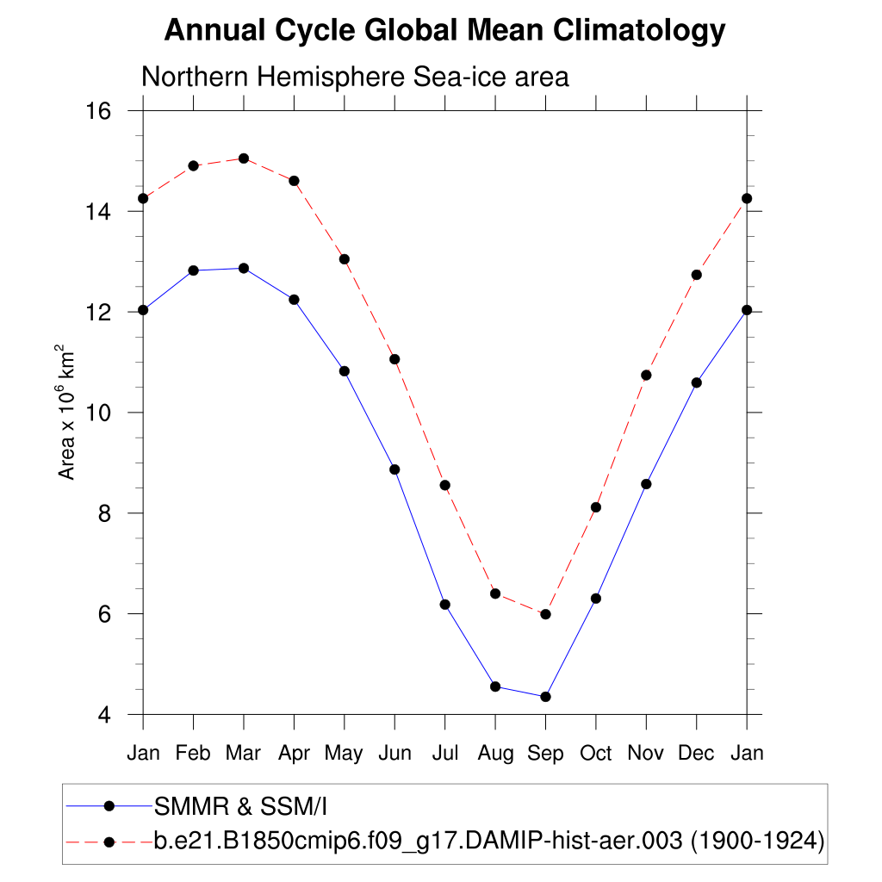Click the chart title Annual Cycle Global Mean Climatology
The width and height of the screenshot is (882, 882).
tap(444, 31)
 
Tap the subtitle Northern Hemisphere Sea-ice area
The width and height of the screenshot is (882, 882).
tap(355, 77)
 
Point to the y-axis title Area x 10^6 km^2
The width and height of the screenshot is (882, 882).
tap(66, 412)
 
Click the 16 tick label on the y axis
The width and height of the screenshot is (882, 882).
tap(103, 111)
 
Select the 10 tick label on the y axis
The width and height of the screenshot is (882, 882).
tap(103, 413)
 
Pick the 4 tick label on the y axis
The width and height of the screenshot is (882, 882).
tap(109, 714)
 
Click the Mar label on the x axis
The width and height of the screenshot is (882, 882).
tap(243, 753)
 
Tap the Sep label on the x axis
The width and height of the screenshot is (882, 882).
tap(545, 753)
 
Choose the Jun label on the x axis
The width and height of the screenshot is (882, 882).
tap(394, 753)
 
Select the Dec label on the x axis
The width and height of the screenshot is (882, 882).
tap(696, 753)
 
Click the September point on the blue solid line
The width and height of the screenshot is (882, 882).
tap(545, 697)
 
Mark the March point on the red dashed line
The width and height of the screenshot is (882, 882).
tap(244, 158)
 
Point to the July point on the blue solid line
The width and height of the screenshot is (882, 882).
tap(444, 605)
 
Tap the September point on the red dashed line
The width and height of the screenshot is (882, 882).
tap(545, 614)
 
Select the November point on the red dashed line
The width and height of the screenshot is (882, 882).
tap(646, 375)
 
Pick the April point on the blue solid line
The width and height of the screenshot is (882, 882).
tap(294, 300)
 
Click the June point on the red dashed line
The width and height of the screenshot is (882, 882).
tap(394, 359)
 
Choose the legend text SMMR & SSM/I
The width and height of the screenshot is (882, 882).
tap(241, 806)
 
